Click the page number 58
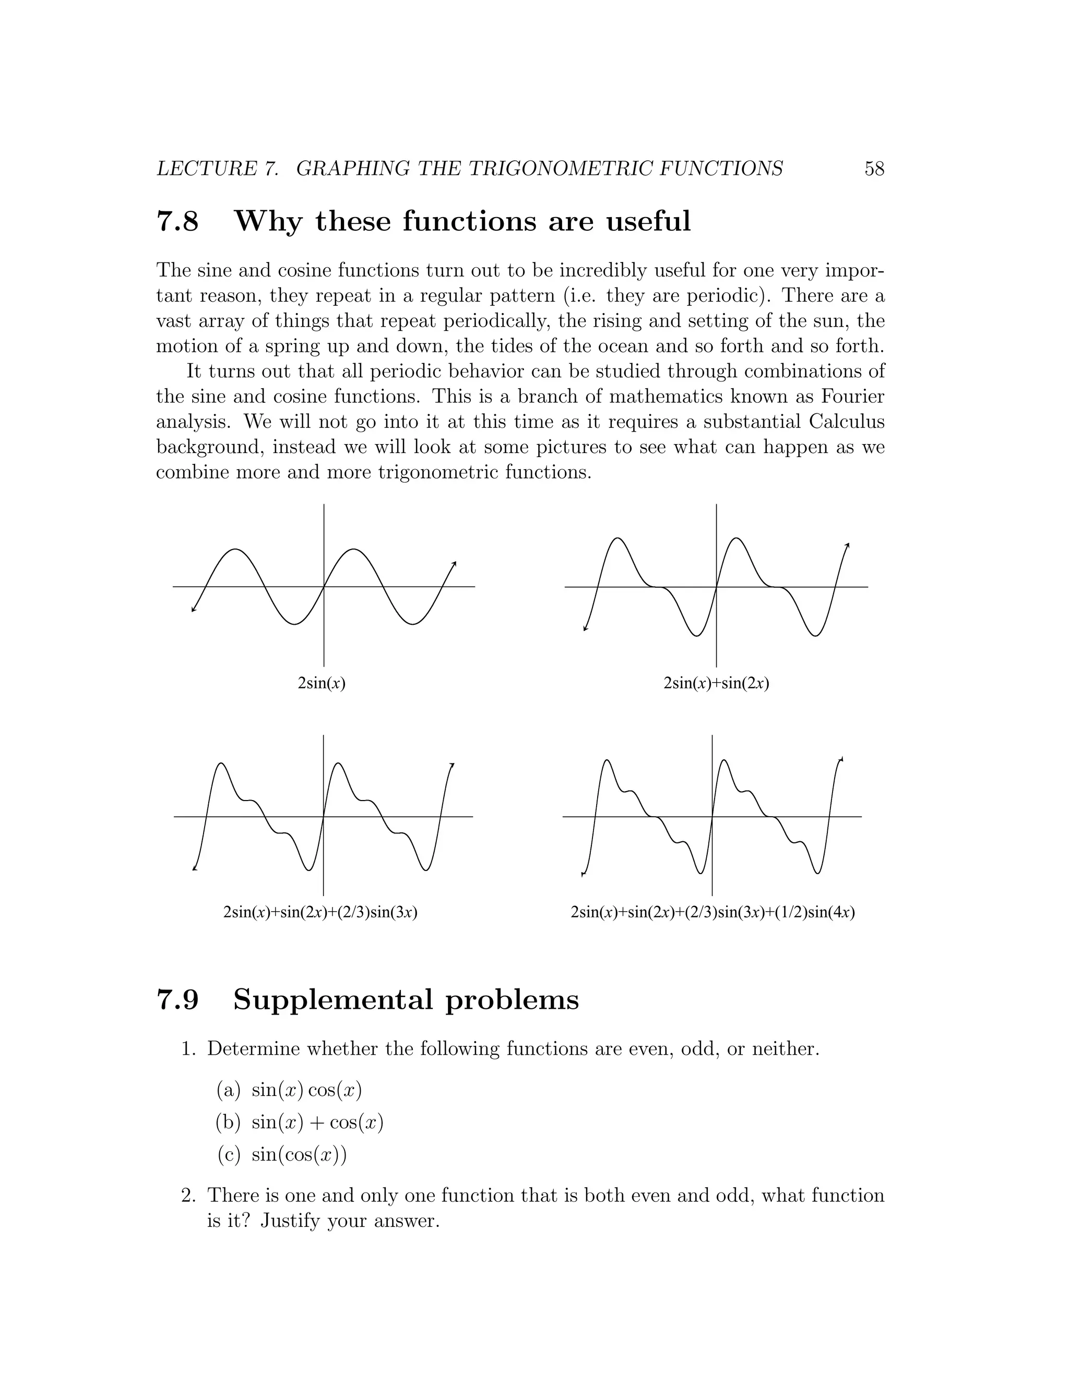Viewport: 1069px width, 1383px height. (874, 169)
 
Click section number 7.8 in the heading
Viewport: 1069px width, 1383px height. (177, 222)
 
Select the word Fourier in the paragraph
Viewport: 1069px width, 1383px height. (852, 397)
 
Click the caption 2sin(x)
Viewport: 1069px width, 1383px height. (322, 683)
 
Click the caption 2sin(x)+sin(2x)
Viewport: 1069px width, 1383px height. (716, 683)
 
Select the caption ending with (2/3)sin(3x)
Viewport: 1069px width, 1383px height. (320, 912)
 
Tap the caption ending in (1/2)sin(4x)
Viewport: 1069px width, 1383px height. (712, 912)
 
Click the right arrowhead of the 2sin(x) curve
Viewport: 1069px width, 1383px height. (455, 563)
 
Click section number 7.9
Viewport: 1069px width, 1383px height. (177, 1000)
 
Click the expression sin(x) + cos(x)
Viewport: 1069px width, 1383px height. (317, 1123)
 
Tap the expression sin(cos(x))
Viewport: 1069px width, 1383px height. (299, 1155)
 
